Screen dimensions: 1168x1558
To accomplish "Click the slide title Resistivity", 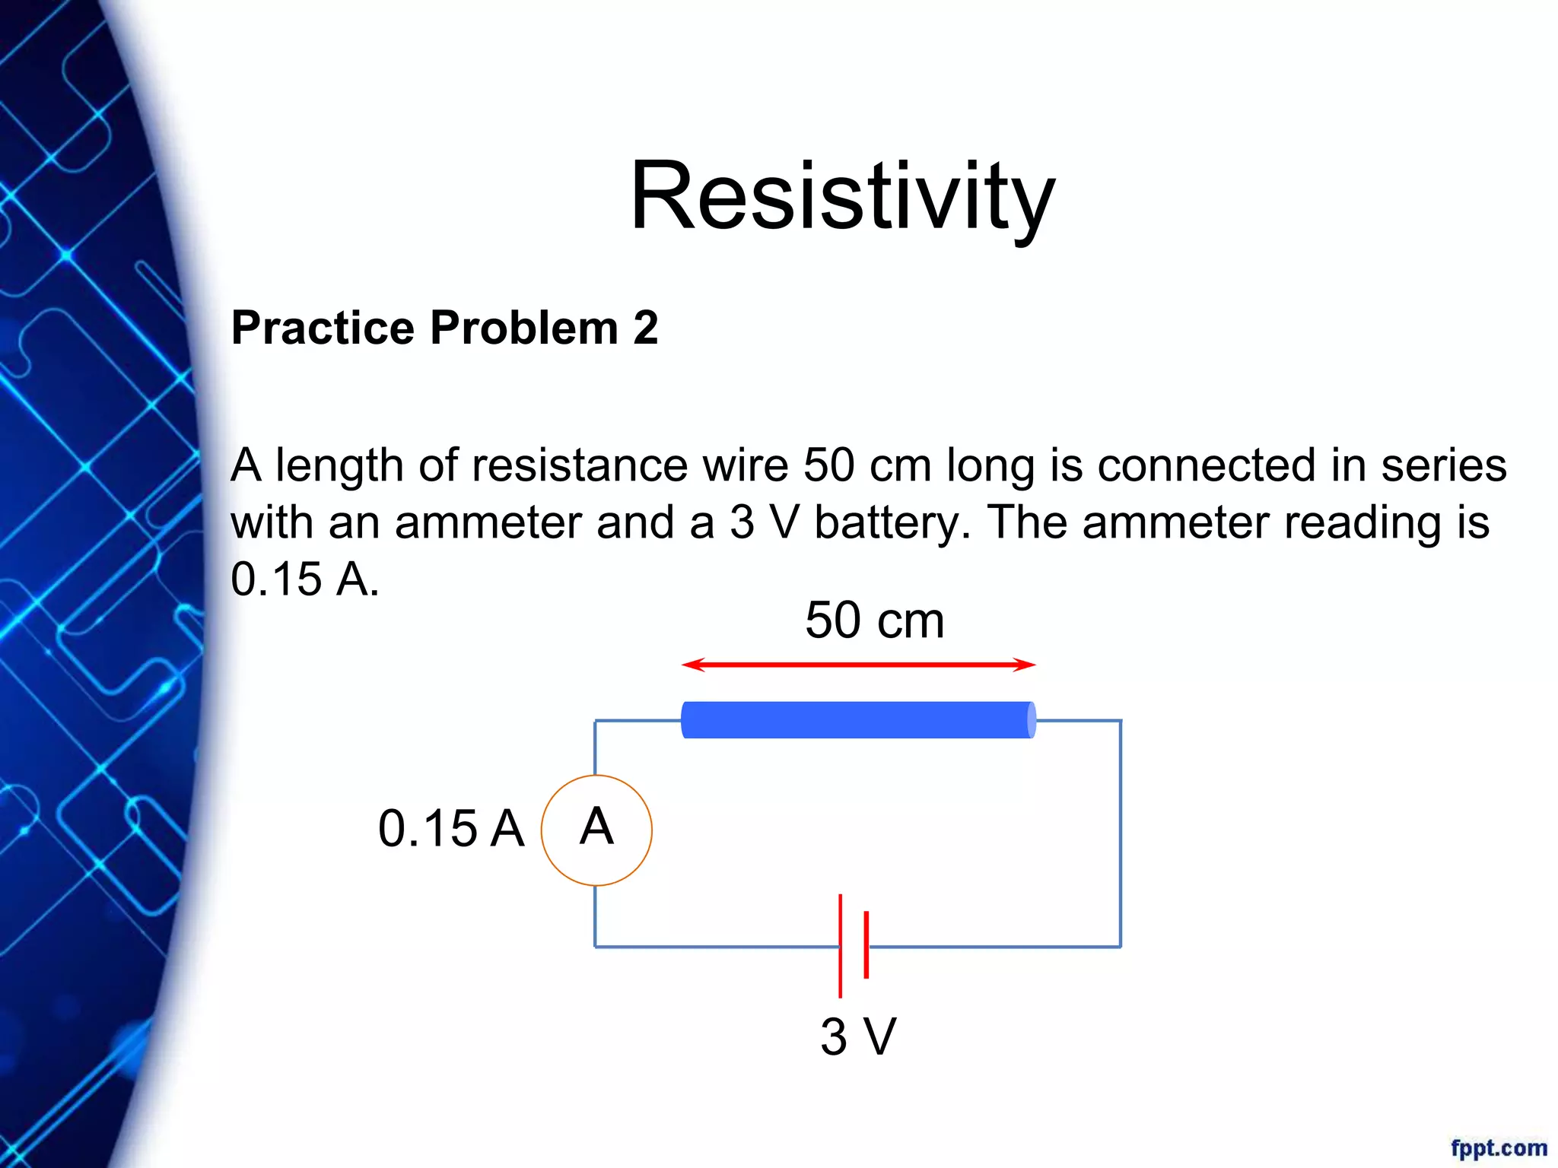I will (x=842, y=196).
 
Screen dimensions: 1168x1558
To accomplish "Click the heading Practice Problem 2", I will (x=444, y=328).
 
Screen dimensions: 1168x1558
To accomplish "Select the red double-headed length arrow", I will (x=858, y=665).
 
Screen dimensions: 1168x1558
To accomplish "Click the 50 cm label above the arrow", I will (x=874, y=620).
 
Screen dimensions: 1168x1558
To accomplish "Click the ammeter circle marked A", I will (x=596, y=830).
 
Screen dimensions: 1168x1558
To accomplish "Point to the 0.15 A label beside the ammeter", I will (x=451, y=828).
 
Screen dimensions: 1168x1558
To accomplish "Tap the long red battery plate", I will (x=840, y=945).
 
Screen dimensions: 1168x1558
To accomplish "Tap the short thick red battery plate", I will (x=866, y=944).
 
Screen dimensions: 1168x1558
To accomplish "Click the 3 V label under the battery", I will (x=858, y=1036).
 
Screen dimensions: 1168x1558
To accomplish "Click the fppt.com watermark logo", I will (x=1498, y=1147).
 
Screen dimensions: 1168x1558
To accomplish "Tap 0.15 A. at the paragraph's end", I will (x=304, y=579).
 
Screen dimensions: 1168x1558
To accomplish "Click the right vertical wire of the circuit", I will (x=1120, y=833).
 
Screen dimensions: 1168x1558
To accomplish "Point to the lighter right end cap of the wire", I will (x=1031, y=719).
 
